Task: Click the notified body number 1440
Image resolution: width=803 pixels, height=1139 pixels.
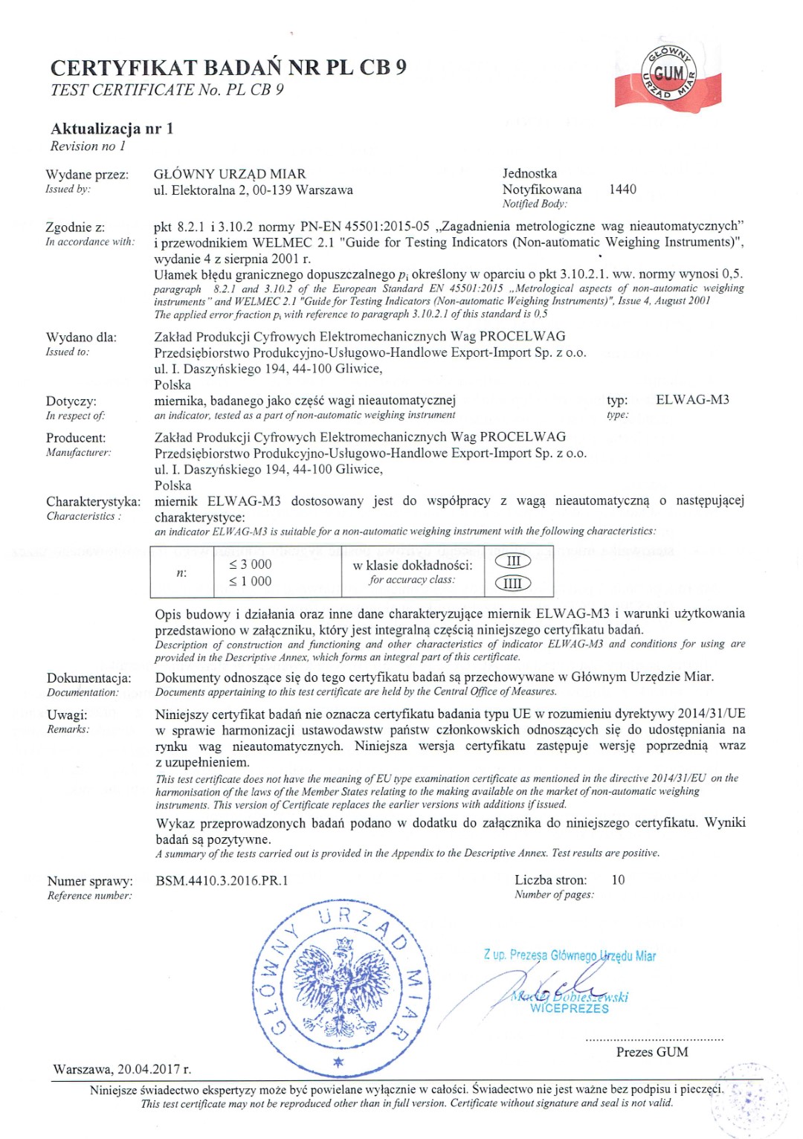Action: point(622,190)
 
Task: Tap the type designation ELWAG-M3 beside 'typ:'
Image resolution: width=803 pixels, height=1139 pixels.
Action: point(692,400)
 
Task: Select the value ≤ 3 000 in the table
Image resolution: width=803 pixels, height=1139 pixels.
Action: point(251,564)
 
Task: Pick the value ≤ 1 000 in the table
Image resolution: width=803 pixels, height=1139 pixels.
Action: point(251,581)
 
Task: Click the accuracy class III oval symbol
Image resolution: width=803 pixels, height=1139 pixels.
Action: point(513,561)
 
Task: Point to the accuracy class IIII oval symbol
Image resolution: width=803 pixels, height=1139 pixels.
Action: point(513,584)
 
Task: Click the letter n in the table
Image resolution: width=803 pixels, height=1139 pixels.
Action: point(181,572)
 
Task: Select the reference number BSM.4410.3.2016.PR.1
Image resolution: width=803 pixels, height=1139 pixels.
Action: point(222,881)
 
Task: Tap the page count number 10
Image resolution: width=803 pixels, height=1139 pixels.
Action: point(618,880)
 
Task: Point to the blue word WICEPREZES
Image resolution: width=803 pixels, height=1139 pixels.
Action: point(570,1009)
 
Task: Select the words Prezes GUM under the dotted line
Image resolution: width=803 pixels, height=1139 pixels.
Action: point(652,1052)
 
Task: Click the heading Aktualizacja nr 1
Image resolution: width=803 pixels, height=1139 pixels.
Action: point(112,129)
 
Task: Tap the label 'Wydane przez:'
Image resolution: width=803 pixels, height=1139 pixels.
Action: point(87,175)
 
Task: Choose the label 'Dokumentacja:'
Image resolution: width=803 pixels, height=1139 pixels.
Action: point(89,678)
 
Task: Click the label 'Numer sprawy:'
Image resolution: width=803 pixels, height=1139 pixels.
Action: point(90,882)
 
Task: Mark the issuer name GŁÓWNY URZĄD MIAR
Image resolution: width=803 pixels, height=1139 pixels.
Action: point(230,174)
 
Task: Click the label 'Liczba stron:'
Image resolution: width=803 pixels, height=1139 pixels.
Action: point(550,880)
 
